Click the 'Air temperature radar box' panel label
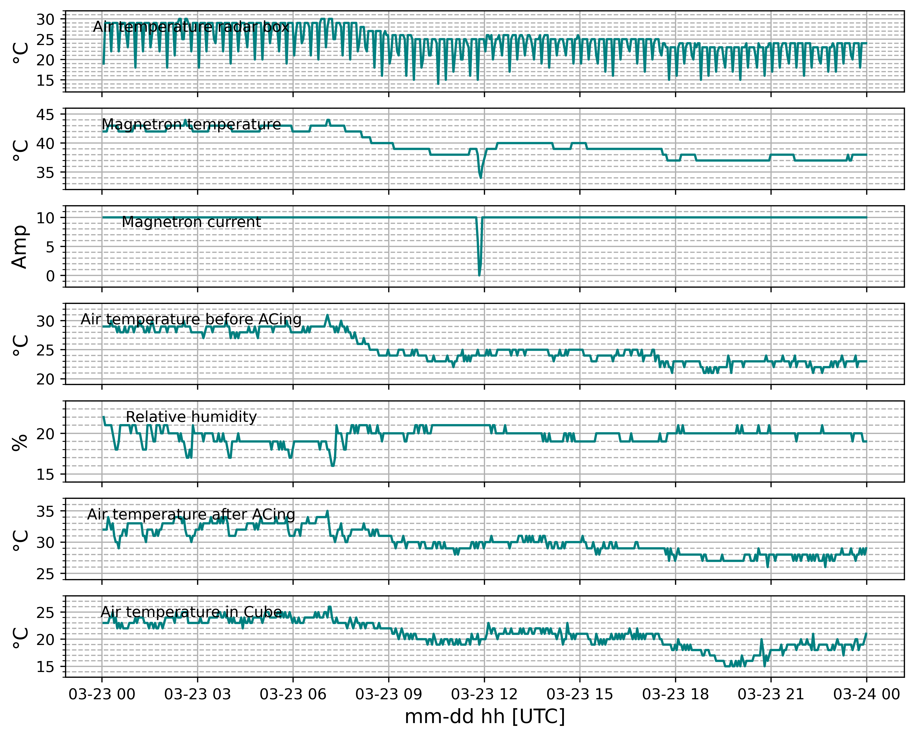click(x=191, y=27)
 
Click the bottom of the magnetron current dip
click(x=479, y=275)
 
